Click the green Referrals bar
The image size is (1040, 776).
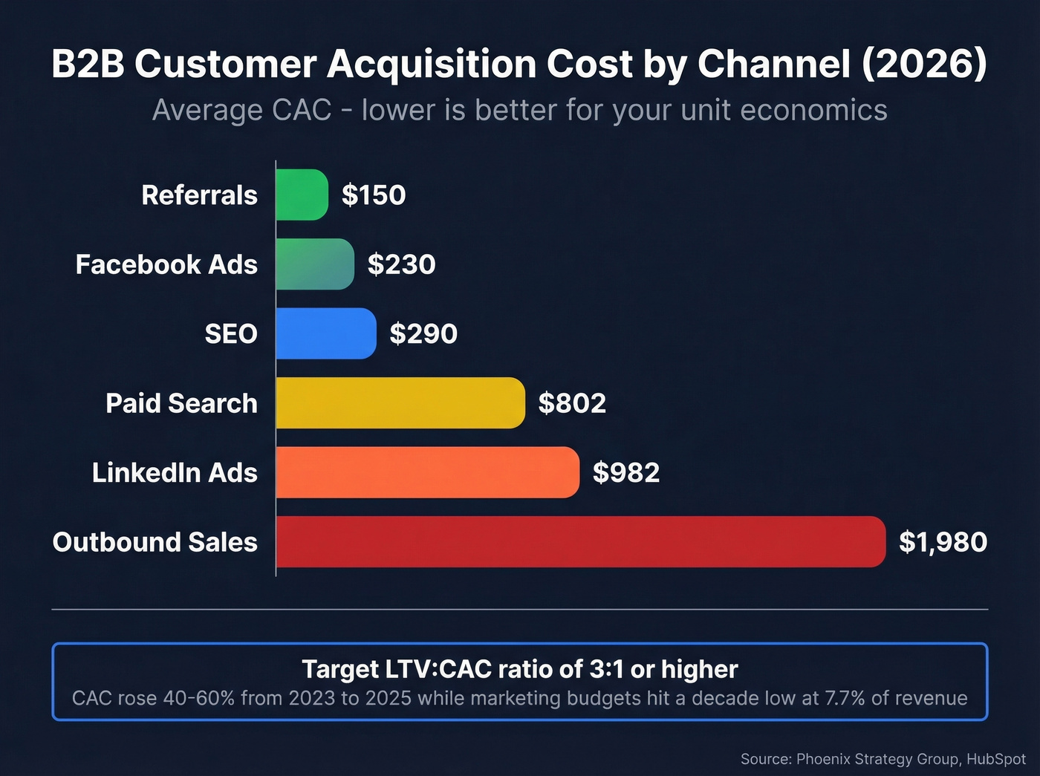click(302, 195)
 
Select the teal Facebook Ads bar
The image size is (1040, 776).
click(315, 264)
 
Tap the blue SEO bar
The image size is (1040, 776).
click(326, 333)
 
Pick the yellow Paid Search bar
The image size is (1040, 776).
click(400, 402)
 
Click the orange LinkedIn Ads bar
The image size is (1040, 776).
click(427, 472)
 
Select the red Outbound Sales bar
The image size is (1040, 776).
click(580, 541)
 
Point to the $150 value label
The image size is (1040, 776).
click(374, 195)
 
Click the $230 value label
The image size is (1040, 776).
click(401, 264)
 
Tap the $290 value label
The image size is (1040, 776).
click(423, 334)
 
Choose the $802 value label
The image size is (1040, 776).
click(572, 403)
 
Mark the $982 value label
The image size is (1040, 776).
click(626, 473)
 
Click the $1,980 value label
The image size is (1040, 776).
click(943, 542)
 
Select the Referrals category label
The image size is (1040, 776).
click(199, 195)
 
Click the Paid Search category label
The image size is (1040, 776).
click(181, 403)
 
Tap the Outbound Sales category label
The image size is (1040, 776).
click(155, 542)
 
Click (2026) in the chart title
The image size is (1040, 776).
click(924, 64)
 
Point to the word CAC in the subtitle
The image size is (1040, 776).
click(302, 110)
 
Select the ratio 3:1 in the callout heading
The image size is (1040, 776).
click(607, 669)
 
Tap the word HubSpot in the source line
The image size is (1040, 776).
click(995, 759)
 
